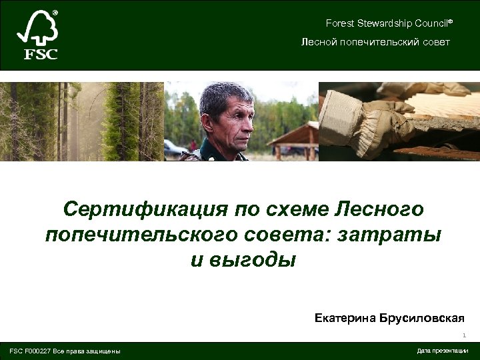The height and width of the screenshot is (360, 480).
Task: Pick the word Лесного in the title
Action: (x=383, y=209)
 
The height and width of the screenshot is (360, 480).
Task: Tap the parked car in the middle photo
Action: (x=175, y=148)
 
